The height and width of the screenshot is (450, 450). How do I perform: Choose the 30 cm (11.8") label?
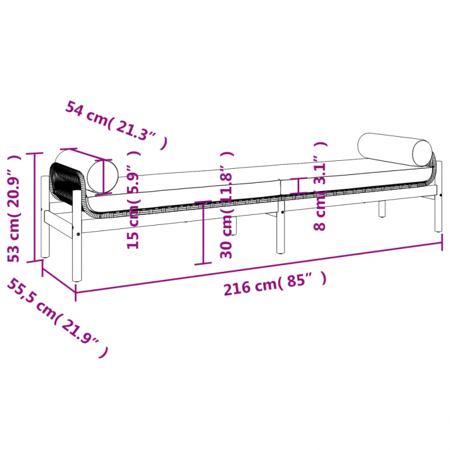[x=227, y=205]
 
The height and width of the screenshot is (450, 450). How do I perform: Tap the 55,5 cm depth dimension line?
[x=58, y=278]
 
